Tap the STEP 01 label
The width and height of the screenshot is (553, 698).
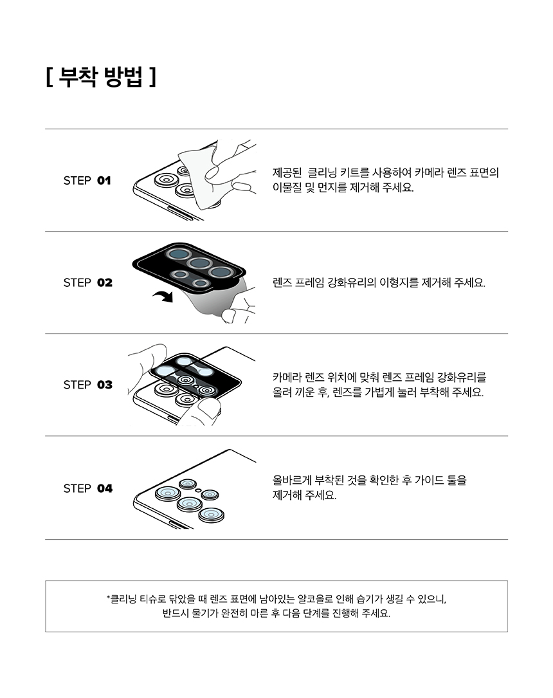coord(87,180)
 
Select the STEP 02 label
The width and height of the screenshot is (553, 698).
coord(87,282)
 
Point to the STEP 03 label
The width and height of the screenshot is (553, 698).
coord(87,385)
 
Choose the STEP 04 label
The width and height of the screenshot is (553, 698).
coord(87,488)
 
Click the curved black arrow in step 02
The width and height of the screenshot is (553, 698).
coord(163,296)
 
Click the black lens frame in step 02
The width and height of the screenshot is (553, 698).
coord(189,268)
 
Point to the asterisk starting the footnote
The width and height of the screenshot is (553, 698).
coord(108,597)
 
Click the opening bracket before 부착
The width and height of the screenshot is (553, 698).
coord(49,77)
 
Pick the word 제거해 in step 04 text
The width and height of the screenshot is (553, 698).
coord(286,495)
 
